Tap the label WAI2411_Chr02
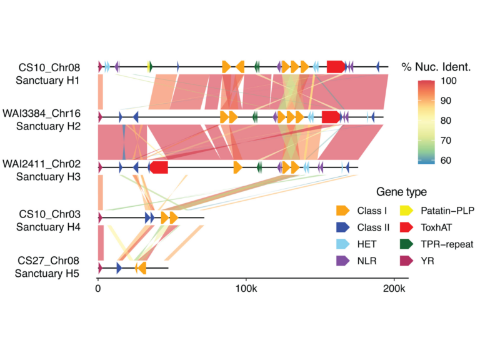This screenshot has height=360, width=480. pyautogui.click(x=49, y=164)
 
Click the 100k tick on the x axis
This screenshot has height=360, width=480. pyautogui.click(x=246, y=290)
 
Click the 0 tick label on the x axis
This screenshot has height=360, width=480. pyautogui.click(x=98, y=290)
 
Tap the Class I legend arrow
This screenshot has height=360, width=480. pyautogui.click(x=342, y=211)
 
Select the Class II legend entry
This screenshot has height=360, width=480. pyautogui.click(x=342, y=227)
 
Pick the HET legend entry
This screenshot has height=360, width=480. pyautogui.click(x=342, y=244)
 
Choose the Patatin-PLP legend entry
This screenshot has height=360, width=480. pyautogui.click(x=406, y=211)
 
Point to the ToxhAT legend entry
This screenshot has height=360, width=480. pyautogui.click(x=406, y=227)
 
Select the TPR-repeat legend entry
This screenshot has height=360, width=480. pyautogui.click(x=406, y=244)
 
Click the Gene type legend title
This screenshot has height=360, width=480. pyautogui.click(x=401, y=192)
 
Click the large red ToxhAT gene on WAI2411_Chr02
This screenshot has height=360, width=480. pyautogui.click(x=159, y=167)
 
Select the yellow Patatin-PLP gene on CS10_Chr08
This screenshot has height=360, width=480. pyautogui.click(x=149, y=67)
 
